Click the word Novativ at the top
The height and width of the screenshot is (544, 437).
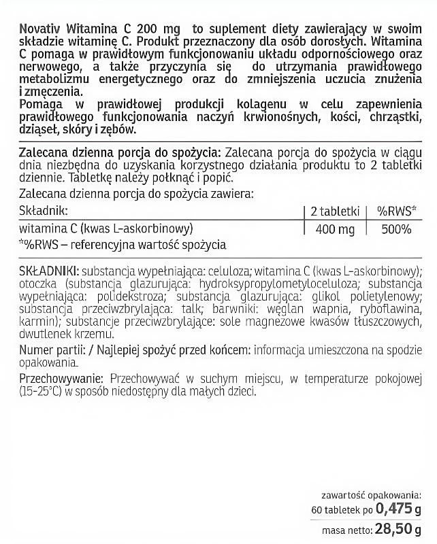click(x=42, y=29)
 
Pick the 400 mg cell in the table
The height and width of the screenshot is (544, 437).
click(x=336, y=229)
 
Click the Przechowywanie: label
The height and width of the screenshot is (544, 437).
click(x=61, y=379)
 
